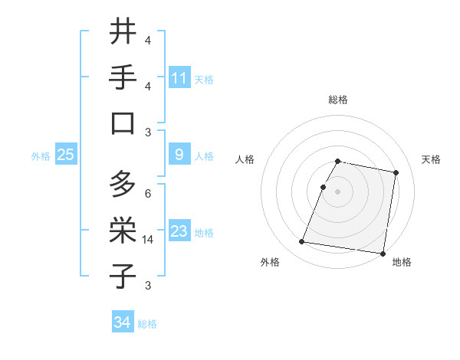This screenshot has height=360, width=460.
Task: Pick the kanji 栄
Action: pyautogui.click(x=123, y=229)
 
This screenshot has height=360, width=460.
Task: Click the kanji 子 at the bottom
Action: pyautogui.click(x=123, y=275)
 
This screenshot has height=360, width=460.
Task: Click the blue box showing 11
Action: pyautogui.click(x=179, y=77)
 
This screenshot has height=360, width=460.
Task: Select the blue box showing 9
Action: pyautogui.click(x=179, y=155)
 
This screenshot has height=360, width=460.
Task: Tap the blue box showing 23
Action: pyautogui.click(x=179, y=231)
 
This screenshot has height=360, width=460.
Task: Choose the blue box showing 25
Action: pyautogui.click(x=65, y=155)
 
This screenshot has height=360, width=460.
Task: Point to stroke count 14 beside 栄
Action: pyautogui.click(x=148, y=240)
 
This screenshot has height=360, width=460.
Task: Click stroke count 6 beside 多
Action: pyautogui.click(x=148, y=193)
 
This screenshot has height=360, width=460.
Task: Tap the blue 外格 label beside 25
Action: pyautogui.click(x=41, y=155)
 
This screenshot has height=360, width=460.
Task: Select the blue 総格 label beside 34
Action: pyautogui.click(x=148, y=324)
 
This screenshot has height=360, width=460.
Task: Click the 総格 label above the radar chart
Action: pyautogui.click(x=338, y=100)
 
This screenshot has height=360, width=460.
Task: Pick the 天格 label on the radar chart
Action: pyautogui.click(x=432, y=159)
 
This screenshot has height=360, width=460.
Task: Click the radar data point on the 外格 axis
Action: pyautogui.click(x=302, y=242)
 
